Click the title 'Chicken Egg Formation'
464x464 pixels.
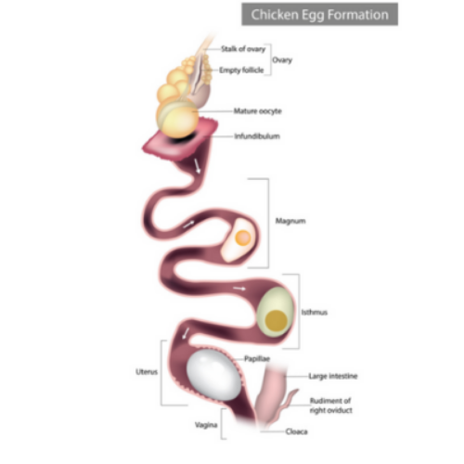coord(319,15)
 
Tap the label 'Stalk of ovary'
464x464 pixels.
coord(243,49)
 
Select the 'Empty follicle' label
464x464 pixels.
coord(241,71)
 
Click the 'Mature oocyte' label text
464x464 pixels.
coord(258,111)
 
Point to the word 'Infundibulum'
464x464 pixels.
coord(257,136)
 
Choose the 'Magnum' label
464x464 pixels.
coord(290,221)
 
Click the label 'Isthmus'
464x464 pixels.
coord(315,313)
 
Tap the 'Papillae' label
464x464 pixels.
coord(257,359)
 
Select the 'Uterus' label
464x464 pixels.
coord(147,372)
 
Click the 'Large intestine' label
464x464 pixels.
coord(333,376)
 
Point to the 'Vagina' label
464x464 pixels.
coord(206,425)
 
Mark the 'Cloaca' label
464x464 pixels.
coord(296,432)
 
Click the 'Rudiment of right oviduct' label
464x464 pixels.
coord(331,406)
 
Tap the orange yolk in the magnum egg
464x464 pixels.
coord(243,238)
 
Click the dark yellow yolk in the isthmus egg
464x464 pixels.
coord(277,320)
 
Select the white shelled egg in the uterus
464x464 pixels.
coord(213,375)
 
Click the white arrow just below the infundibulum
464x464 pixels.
coord(197,166)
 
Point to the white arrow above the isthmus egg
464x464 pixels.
coord(239,289)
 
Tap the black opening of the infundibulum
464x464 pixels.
coord(183,138)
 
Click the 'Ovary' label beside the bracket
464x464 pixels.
coord(282,60)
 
